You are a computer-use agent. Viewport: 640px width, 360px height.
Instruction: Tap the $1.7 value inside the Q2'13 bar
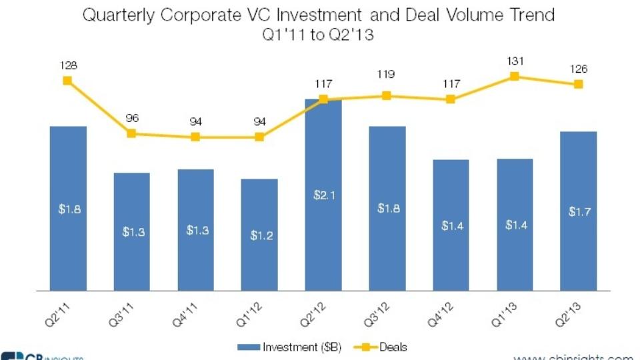tap(579, 212)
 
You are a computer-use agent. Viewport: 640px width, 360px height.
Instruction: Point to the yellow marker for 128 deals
tap(67, 81)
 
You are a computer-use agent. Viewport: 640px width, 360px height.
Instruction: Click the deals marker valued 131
tap(515, 76)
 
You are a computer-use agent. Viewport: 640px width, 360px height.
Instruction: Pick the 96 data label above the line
tap(131, 118)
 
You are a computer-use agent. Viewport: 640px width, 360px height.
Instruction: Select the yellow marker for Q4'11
tap(195, 137)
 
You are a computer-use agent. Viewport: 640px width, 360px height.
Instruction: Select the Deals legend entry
tap(385, 347)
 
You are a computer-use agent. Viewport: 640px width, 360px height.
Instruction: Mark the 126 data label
tap(579, 69)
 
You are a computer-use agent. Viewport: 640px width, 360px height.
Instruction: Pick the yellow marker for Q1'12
tap(259, 137)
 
